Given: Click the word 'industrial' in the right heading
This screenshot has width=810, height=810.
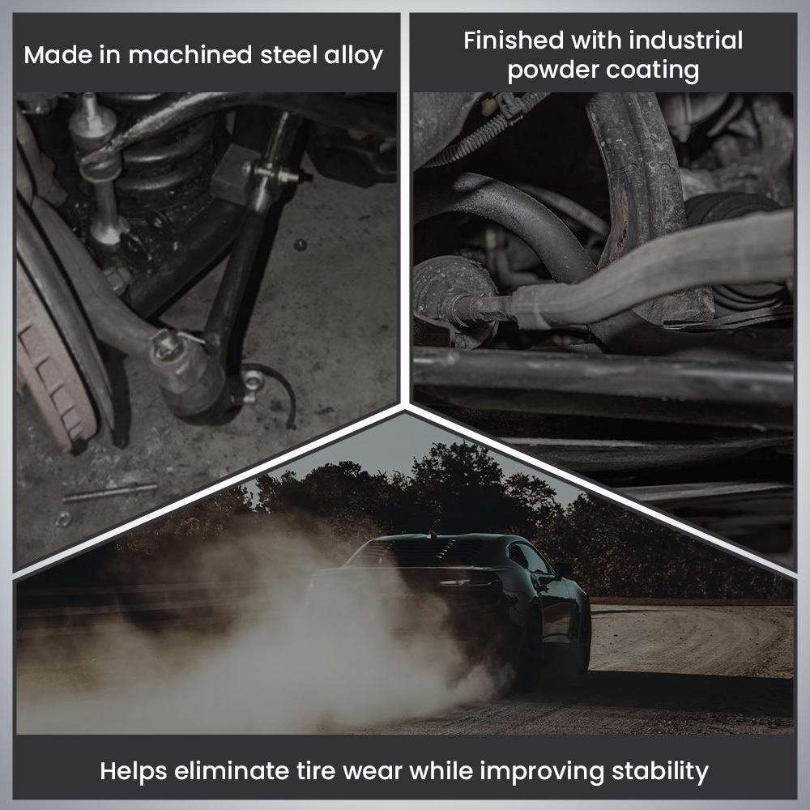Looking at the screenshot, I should [x=680, y=40].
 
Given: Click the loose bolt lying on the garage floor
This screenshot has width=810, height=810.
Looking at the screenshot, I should [x=109, y=492].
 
